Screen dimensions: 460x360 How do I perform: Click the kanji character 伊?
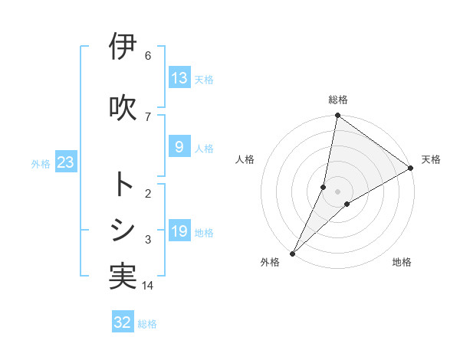[x=123, y=47]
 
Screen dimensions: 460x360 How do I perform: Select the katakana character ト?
[x=123, y=185]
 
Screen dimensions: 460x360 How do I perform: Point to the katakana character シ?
[x=123, y=230]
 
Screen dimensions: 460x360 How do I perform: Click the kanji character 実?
[x=123, y=277]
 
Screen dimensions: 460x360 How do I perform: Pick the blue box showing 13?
[x=179, y=78]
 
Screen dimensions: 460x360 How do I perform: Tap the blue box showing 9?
[x=179, y=147]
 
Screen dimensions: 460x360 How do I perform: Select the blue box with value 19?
[x=179, y=231]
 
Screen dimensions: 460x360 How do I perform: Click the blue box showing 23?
[x=65, y=162]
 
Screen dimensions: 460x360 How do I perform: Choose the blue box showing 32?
[x=123, y=322]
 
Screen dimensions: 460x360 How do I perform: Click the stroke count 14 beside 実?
[x=148, y=286]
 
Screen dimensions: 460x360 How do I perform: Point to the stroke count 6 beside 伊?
[x=148, y=56]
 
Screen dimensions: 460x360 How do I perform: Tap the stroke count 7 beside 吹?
[x=148, y=116]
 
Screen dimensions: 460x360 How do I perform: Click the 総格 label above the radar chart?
[x=337, y=100]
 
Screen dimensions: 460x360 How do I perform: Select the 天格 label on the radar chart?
[x=431, y=159]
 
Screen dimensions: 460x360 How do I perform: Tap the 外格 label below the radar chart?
[x=270, y=262]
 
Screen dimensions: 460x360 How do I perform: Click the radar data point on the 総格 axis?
[x=337, y=116]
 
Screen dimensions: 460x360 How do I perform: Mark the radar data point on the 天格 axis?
[x=410, y=168]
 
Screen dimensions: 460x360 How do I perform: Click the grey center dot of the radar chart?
[x=337, y=191]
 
